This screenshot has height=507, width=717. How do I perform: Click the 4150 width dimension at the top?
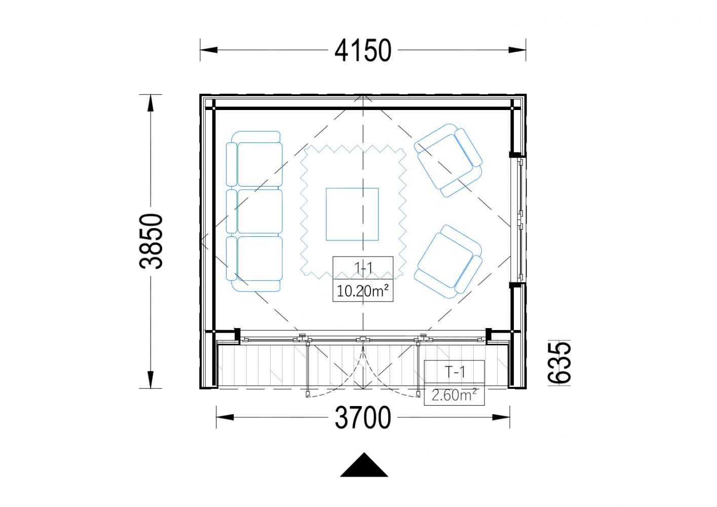click(363, 50)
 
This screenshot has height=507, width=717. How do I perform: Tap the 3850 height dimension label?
click(151, 241)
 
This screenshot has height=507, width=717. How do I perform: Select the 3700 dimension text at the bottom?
click(363, 417)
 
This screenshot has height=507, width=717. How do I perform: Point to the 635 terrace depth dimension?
click(559, 363)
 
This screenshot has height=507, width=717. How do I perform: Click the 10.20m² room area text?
click(363, 291)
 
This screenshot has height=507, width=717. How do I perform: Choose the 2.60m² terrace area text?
click(454, 395)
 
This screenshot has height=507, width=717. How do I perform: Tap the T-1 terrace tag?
click(455, 372)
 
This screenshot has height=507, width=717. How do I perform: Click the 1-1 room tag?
click(363, 267)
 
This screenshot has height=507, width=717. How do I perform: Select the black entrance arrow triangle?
click(364, 465)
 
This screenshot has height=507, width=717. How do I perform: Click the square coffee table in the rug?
click(352, 214)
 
